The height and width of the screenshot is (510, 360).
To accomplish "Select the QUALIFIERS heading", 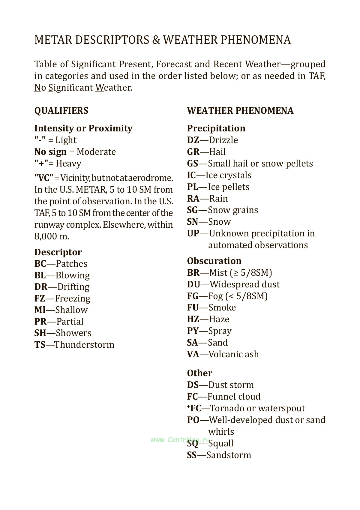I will pyautogui.click(x=61, y=111).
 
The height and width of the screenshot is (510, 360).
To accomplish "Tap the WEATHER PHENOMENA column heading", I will pyautogui.click(x=240, y=111).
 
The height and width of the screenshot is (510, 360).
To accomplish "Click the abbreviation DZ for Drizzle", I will pyautogui.click(x=193, y=140).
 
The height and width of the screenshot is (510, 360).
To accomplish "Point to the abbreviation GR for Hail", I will pyautogui.click(x=193, y=152).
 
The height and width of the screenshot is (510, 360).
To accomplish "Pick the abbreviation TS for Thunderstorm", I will pyautogui.click(x=40, y=345).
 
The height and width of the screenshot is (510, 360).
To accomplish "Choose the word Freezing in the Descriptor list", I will pyautogui.click(x=73, y=298).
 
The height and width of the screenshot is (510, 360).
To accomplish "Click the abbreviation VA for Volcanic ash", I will pyautogui.click(x=193, y=354).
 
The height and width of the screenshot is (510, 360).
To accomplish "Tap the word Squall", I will pyautogui.click(x=221, y=443).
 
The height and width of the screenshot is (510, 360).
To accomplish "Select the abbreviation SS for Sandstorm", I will pyautogui.click(x=192, y=455).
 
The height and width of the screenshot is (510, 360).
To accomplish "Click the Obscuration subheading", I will pyautogui.click(x=214, y=261).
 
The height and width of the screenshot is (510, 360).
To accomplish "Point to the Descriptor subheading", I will pyautogui.click(x=58, y=252).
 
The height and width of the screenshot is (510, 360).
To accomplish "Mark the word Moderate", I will pyautogui.click(x=96, y=152).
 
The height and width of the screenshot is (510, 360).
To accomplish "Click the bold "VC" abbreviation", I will pyautogui.click(x=44, y=178).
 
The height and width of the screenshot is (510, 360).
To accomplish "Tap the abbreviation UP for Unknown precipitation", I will pyautogui.click(x=193, y=233).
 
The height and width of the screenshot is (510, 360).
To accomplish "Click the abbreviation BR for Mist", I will pyautogui.click(x=193, y=273).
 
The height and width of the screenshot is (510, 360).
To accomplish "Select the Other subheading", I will pyautogui.click(x=199, y=373).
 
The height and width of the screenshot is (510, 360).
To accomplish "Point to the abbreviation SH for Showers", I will pyautogui.click(x=40, y=333).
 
